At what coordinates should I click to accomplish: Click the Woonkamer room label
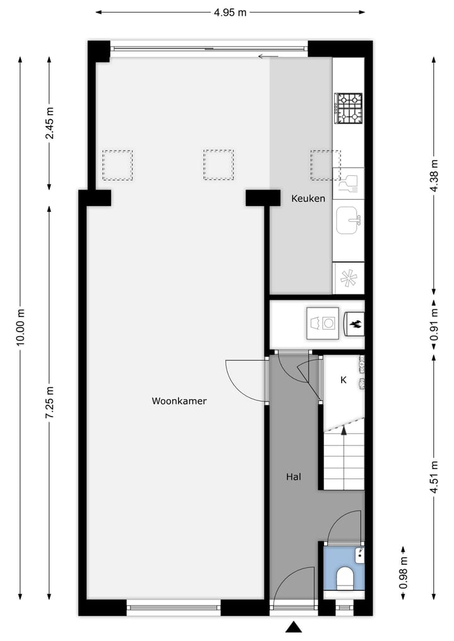coord(179,401)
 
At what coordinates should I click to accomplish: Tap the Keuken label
coord(308,199)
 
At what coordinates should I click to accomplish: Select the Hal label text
coord(293,477)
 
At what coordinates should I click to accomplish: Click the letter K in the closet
coord(344,380)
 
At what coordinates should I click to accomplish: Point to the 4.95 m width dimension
coord(230,11)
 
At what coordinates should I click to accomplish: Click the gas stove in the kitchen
coord(348,108)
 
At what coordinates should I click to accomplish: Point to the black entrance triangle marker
coord(293,627)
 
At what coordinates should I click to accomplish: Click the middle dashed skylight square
coord(218,165)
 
